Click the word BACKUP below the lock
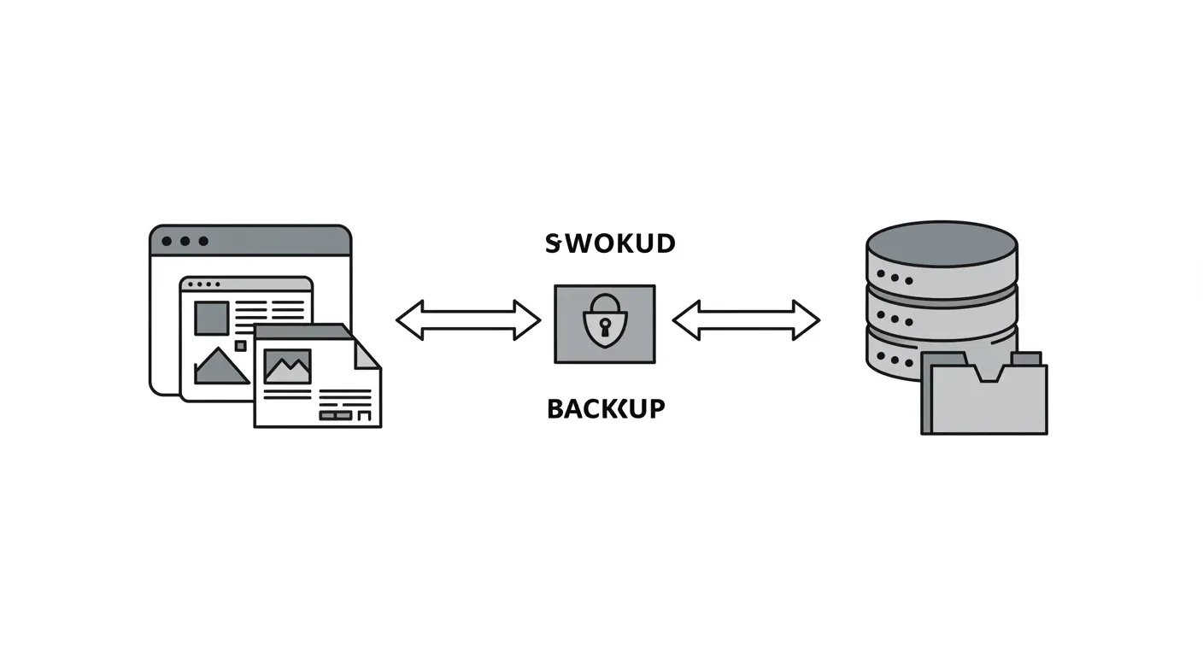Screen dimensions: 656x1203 point(605,409)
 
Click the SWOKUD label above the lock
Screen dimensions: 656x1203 point(610,244)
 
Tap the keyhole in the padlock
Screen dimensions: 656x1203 point(604,326)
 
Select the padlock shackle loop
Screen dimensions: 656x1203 point(605,303)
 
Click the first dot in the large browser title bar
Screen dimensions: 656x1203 point(167,242)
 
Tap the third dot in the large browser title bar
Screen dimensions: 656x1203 point(203,242)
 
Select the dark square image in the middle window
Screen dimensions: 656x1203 point(211,318)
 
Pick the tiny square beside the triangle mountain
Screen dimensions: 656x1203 point(240,346)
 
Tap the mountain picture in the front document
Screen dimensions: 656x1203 point(287,366)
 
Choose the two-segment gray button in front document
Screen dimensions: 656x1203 point(335,415)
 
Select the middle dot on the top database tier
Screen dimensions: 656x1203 point(895,278)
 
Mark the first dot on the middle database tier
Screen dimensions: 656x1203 point(882,317)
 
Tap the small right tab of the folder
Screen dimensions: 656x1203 point(1025,359)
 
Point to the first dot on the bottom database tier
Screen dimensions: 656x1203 point(882,357)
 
